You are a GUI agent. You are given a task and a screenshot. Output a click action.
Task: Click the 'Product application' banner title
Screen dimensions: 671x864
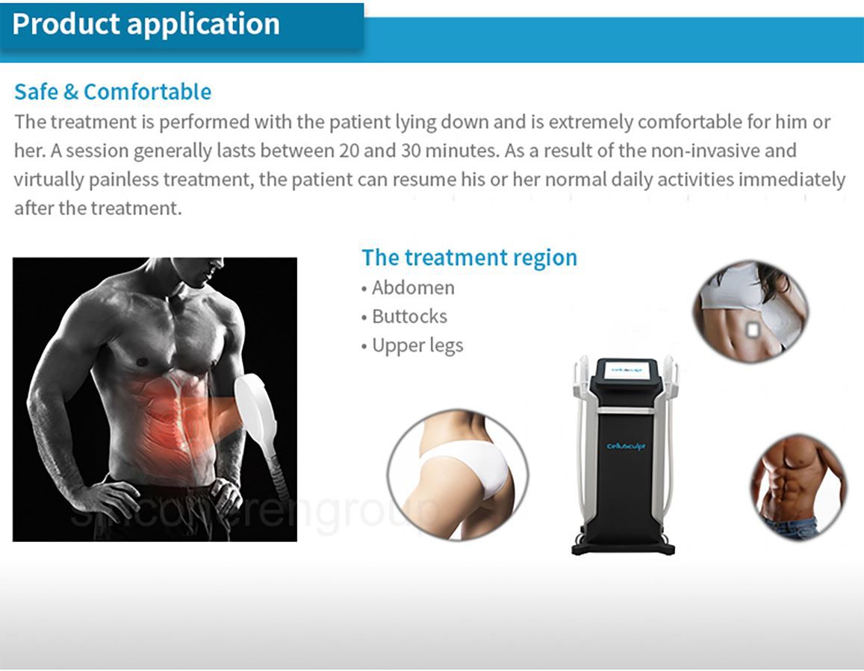(146, 24)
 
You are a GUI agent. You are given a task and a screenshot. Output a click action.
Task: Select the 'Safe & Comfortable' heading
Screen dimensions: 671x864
(113, 92)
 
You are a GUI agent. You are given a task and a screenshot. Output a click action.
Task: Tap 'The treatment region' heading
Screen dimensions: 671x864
(469, 258)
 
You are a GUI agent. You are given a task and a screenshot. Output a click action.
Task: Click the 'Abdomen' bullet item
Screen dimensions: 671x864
(412, 287)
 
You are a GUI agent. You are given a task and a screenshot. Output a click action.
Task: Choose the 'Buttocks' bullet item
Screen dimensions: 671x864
(409, 316)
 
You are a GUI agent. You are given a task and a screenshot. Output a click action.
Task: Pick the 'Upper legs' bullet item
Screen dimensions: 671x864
(417, 346)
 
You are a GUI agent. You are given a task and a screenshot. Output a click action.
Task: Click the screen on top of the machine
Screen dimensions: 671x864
(626, 368)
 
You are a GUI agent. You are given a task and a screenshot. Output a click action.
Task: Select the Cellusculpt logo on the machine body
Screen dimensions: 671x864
(626, 446)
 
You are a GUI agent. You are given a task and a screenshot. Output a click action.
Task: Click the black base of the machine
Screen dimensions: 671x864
(623, 547)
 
